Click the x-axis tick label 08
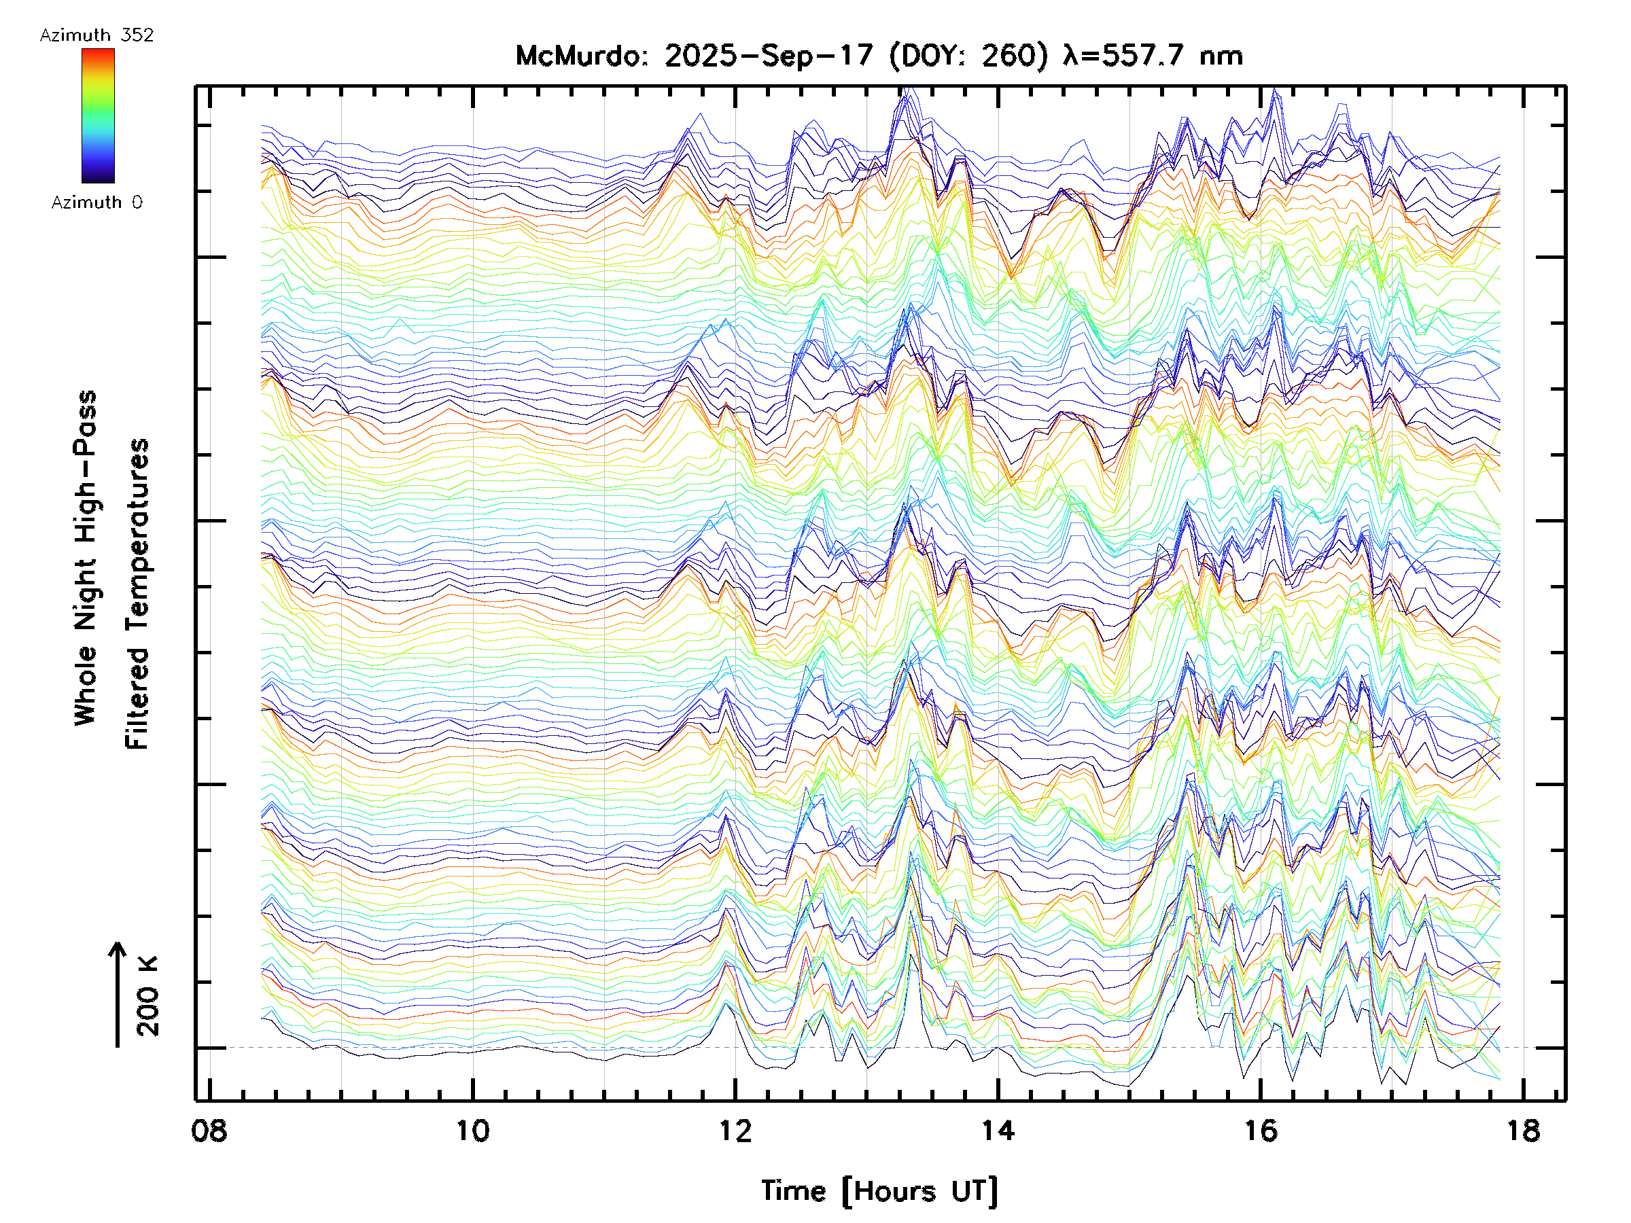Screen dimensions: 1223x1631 pyautogui.click(x=209, y=1130)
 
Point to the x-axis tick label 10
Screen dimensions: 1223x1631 pyautogui.click(x=472, y=1130)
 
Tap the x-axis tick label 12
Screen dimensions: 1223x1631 pyautogui.click(x=735, y=1130)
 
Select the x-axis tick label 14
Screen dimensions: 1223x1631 pyautogui.click(x=998, y=1130)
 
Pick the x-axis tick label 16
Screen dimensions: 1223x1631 pyautogui.click(x=1260, y=1130)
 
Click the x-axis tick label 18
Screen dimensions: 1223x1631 pyautogui.click(x=1523, y=1130)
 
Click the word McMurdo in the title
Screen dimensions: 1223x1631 pyautogui.click(x=578, y=56)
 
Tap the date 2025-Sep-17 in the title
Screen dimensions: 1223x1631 pyautogui.click(x=769, y=56)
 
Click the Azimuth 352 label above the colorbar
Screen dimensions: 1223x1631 pyautogui.click(x=97, y=35)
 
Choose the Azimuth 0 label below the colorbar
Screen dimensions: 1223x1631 pyautogui.click(x=97, y=202)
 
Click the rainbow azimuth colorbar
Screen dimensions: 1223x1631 pyautogui.click(x=98, y=116)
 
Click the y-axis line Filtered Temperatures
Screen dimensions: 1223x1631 pyautogui.click(x=137, y=593)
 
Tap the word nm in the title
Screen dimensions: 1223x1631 pyautogui.click(x=1221, y=56)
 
